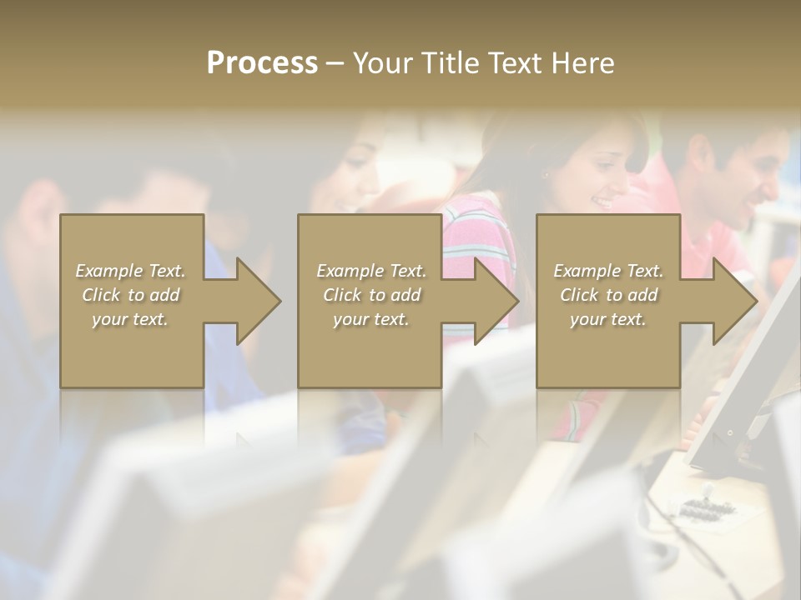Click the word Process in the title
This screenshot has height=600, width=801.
262,63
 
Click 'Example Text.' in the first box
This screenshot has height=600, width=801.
130,271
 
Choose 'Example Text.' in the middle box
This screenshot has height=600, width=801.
371,271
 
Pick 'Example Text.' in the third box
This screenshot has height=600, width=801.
608,271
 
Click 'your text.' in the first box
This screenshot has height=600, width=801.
130,319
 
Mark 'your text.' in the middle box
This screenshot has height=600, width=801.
371,319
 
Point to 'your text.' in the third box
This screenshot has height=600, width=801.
608,319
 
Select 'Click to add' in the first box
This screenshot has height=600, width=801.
130,295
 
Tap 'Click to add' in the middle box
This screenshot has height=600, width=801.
371,295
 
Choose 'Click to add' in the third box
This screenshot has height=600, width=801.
608,295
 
